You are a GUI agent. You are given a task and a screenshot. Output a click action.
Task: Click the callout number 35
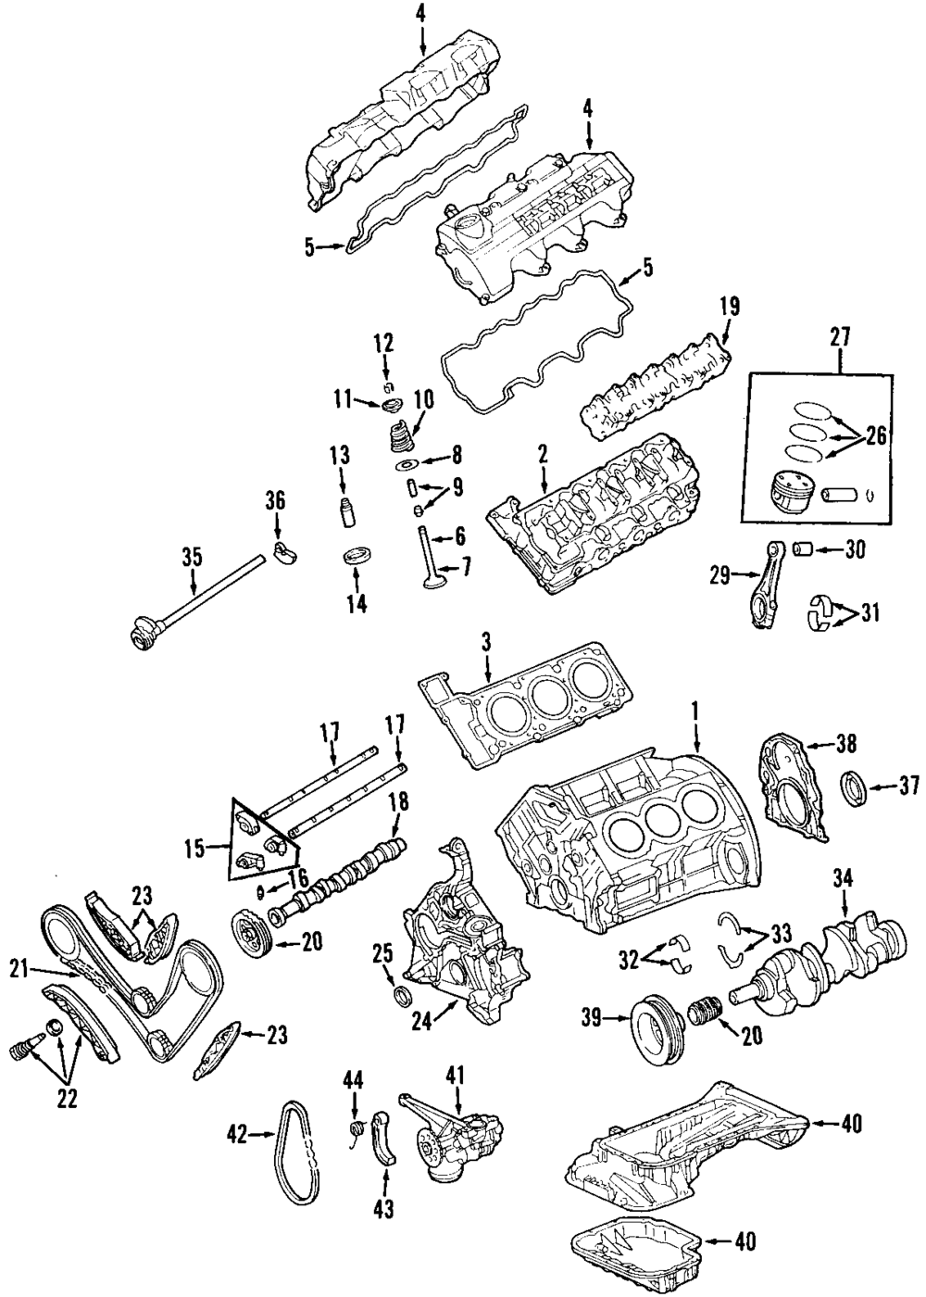[x=193, y=558]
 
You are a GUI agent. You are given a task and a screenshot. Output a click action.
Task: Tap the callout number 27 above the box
[x=841, y=336]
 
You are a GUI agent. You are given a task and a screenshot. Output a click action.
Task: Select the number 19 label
[x=730, y=308]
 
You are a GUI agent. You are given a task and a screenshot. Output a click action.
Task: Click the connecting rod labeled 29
[x=764, y=585]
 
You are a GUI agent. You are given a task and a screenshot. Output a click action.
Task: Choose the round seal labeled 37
[x=854, y=787]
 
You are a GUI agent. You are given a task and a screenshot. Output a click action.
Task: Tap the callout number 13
[x=341, y=456]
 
